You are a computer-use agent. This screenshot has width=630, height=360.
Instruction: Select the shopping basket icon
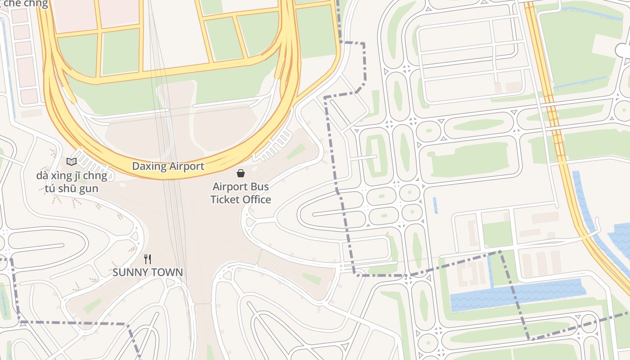click(x=241, y=173)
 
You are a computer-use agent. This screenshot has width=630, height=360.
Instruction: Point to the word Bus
click(x=261, y=187)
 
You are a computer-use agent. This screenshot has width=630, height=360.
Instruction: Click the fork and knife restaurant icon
click(x=147, y=259)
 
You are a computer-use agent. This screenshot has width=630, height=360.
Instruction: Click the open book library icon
click(x=71, y=162)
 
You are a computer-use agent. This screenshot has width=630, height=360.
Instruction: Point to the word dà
click(x=42, y=175)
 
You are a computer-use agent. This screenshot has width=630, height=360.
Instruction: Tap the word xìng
click(x=63, y=176)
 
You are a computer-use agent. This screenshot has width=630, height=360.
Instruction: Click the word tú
click(x=51, y=189)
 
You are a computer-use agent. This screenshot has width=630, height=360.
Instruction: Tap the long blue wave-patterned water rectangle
click(x=517, y=295)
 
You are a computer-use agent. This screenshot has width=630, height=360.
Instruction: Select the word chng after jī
click(x=98, y=176)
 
